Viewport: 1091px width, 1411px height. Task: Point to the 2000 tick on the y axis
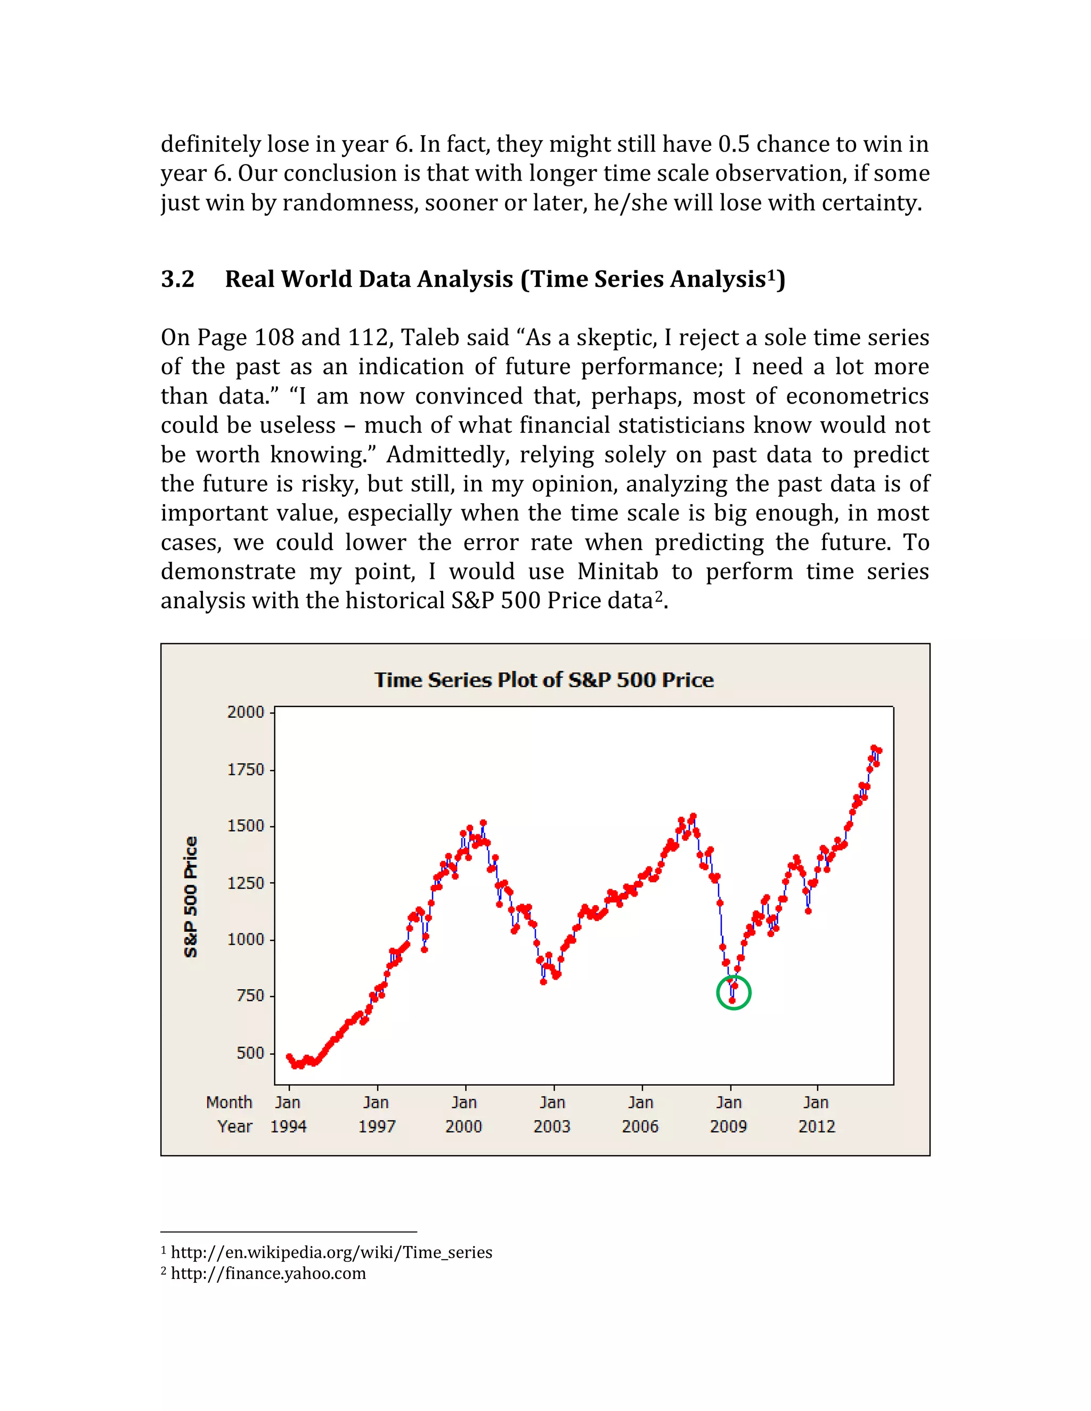tap(246, 712)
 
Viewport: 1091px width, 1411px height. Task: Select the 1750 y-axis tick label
tap(246, 769)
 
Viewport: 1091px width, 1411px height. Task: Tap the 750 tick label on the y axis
tap(251, 996)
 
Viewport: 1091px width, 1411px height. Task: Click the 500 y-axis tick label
tap(251, 1053)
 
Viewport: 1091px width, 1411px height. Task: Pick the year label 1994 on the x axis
tap(288, 1126)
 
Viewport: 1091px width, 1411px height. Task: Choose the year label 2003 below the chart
tap(552, 1126)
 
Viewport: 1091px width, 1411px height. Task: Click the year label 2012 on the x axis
tap(816, 1126)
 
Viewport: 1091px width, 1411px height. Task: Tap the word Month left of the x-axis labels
tap(229, 1102)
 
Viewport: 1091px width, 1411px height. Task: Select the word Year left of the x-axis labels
tap(234, 1126)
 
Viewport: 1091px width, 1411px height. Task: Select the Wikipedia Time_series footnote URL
tap(331, 1252)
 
